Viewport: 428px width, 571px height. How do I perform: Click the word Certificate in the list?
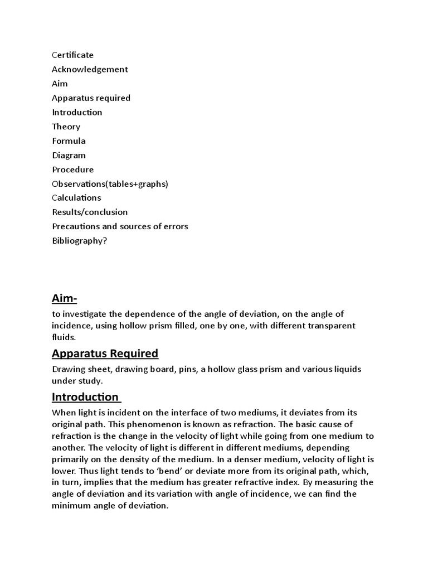73,55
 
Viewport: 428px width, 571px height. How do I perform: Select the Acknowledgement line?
90,69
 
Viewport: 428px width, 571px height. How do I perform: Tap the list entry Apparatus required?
91,98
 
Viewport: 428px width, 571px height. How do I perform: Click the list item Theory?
66,127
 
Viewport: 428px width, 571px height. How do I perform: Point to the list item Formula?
69,141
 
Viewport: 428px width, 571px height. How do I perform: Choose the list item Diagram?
69,155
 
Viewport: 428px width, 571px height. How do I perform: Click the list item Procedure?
73,170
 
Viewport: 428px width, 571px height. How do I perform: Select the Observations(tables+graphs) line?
110,183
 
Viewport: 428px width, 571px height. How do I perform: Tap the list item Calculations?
76,197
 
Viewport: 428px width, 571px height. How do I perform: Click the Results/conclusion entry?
90,212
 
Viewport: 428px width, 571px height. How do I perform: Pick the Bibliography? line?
79,241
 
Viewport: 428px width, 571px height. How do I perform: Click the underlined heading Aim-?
64,298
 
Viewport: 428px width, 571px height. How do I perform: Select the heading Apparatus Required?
105,353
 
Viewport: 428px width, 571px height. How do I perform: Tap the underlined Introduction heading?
85,397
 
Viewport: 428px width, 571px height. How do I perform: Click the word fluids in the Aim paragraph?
64,337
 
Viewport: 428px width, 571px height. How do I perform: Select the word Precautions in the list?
76,226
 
